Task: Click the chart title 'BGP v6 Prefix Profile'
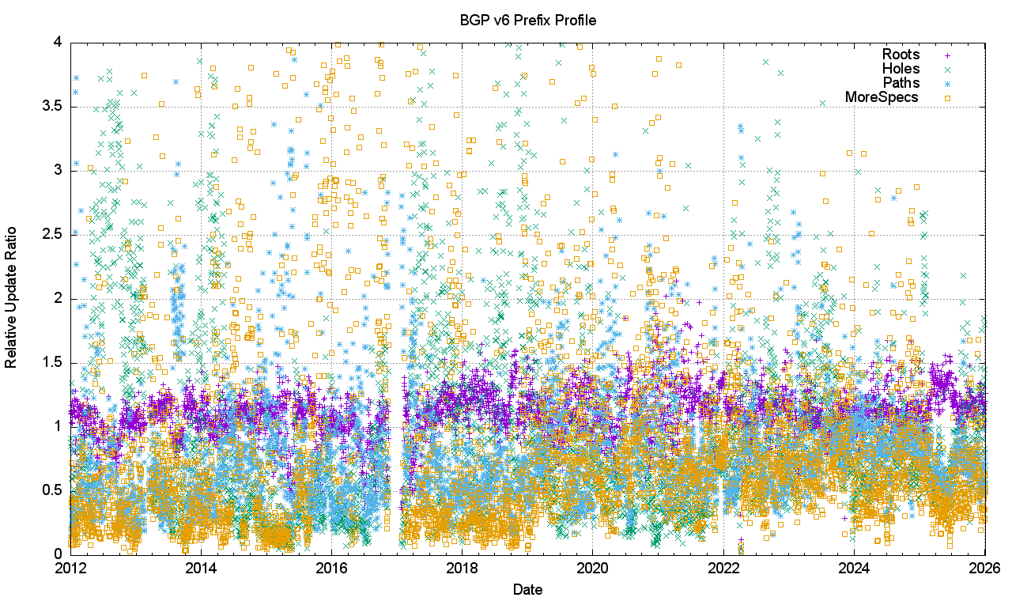point(527,20)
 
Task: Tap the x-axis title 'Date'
point(527,589)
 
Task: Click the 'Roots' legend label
point(901,55)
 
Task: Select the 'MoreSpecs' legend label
point(882,97)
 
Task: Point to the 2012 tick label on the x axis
point(70,568)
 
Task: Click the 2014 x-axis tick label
point(201,568)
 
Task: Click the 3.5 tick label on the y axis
point(54,106)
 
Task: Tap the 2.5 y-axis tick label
point(54,234)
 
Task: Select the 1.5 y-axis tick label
point(54,362)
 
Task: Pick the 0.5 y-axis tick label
point(54,490)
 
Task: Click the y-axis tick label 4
point(59,42)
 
